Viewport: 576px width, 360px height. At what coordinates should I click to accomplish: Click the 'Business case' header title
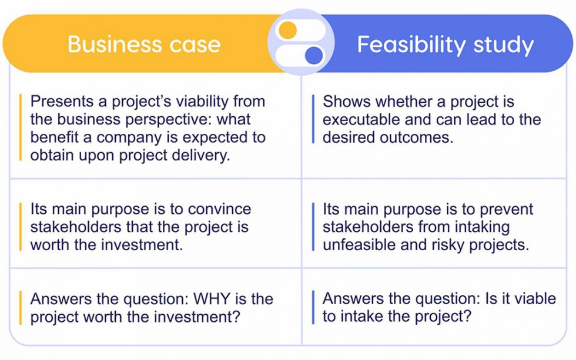pyautogui.click(x=144, y=44)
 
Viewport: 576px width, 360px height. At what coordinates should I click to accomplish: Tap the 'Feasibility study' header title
pyautogui.click(x=445, y=45)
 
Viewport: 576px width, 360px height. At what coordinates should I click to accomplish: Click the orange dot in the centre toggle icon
pyautogui.click(x=287, y=30)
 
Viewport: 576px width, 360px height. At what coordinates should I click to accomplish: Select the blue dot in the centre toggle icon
pyautogui.click(x=314, y=56)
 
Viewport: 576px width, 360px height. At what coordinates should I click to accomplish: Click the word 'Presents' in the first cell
pyautogui.click(x=62, y=102)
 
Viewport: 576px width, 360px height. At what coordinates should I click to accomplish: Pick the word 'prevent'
pyautogui.click(x=505, y=210)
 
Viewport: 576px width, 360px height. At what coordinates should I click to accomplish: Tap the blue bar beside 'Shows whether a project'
pyautogui.click(x=313, y=119)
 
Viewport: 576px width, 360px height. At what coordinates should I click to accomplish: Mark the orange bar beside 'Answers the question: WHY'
pyautogui.click(x=21, y=307)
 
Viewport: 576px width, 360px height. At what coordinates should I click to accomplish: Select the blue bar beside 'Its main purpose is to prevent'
pyautogui.click(x=313, y=227)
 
